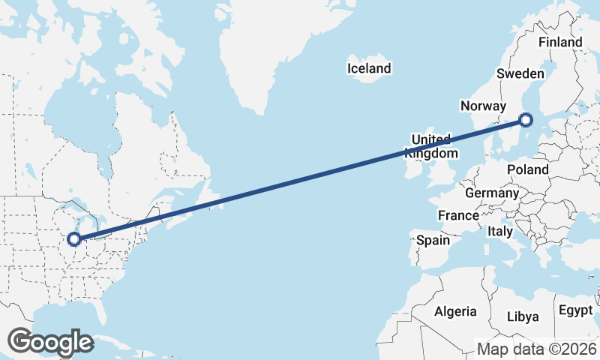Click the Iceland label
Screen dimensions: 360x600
369,69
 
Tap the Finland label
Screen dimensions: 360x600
559,43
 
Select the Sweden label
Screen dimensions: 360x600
520,73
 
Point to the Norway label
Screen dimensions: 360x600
484,106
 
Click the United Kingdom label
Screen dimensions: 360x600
430,146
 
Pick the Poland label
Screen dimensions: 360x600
527,169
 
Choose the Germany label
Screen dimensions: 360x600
491,193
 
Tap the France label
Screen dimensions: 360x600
458,216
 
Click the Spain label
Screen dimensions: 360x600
433,241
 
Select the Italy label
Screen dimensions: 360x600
500,231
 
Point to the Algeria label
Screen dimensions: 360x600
455,311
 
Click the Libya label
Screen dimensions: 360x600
523,316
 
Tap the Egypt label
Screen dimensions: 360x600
575,310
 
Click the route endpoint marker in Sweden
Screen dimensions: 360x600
526,119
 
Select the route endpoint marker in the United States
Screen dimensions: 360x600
73,239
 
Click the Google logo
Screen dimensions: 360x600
50,342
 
